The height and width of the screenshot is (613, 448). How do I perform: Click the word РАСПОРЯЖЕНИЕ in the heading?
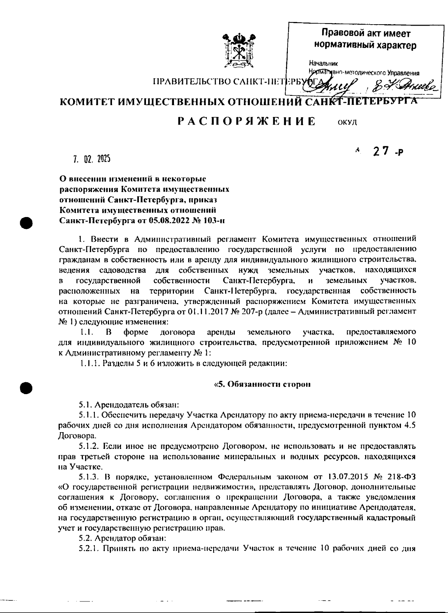pos(246,122)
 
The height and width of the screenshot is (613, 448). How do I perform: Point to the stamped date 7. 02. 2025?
pos(91,160)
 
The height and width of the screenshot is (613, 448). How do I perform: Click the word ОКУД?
pos(347,123)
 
